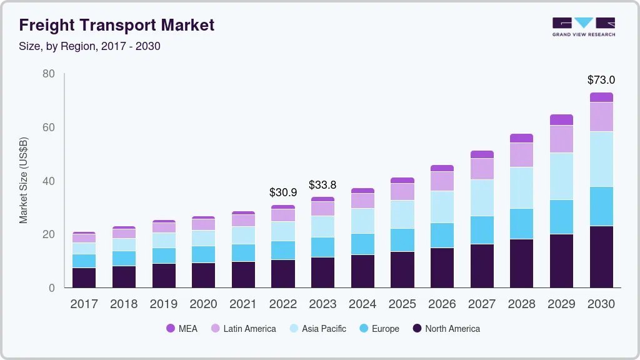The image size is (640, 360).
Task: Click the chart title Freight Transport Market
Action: [117, 25]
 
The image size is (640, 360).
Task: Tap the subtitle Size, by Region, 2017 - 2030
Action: [94, 46]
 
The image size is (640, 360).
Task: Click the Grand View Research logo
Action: [583, 26]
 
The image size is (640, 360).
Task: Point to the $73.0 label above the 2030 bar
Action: [601, 80]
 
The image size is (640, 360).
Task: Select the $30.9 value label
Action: [283, 192]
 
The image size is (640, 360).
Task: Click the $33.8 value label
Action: [322, 185]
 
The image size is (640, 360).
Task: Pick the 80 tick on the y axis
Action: [49, 74]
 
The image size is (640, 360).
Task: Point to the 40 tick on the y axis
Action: [49, 181]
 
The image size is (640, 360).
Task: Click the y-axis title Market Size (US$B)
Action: [24, 181]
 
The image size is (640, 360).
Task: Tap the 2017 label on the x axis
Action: [84, 304]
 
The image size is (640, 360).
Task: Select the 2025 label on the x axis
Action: [402, 304]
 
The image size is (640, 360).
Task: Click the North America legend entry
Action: [446, 328]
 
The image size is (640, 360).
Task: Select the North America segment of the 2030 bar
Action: [601, 256]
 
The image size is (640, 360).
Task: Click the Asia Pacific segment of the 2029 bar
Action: [561, 176]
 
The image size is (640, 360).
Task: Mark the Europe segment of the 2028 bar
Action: [521, 224]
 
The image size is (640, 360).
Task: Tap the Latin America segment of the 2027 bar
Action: [482, 169]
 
